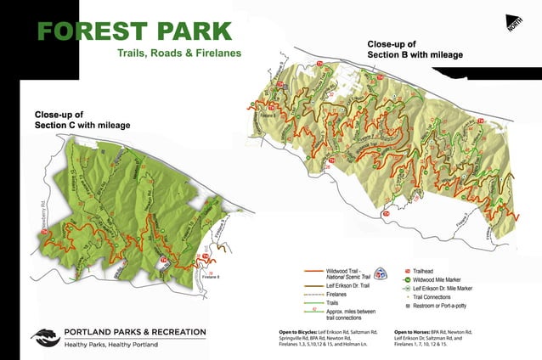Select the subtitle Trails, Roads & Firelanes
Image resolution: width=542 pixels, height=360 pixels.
179,53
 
